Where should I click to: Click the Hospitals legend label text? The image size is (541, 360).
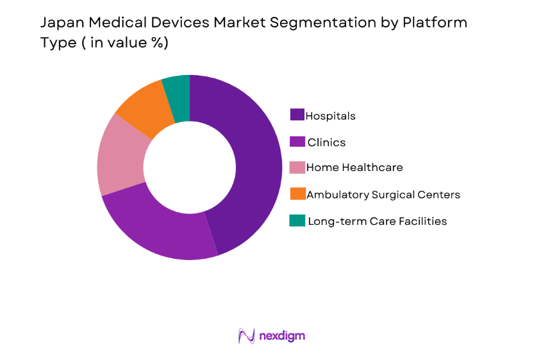coord(330,116)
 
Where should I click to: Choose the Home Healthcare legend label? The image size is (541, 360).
coord(354,167)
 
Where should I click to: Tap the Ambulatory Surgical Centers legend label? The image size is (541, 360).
coord(383,194)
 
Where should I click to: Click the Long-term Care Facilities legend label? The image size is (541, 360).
coord(377,221)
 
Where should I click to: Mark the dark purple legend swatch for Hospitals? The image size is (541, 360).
coord(297,115)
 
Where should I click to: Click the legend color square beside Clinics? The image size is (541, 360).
coord(297,142)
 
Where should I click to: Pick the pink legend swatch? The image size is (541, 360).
coord(297,167)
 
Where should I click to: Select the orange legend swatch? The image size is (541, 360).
coord(297,193)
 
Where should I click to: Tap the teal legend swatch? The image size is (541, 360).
coord(297,220)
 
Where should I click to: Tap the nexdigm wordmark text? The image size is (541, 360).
coord(282,336)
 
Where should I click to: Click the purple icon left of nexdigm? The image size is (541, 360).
coord(247,336)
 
